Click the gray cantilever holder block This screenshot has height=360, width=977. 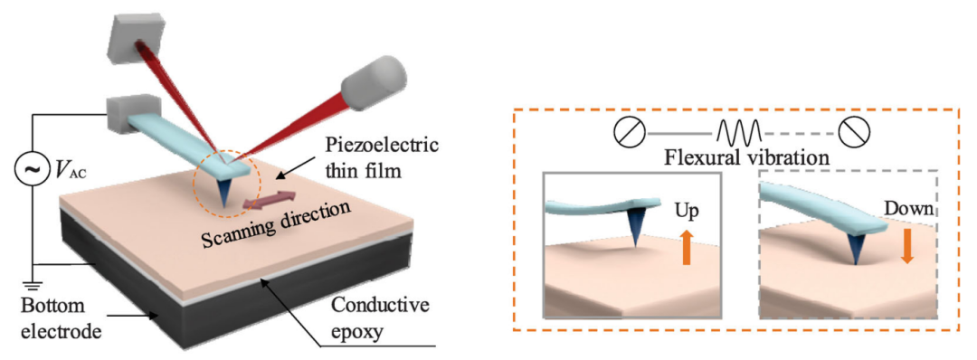point(128,115)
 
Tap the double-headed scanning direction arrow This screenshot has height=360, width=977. point(270,199)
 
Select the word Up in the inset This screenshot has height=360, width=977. point(688,211)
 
